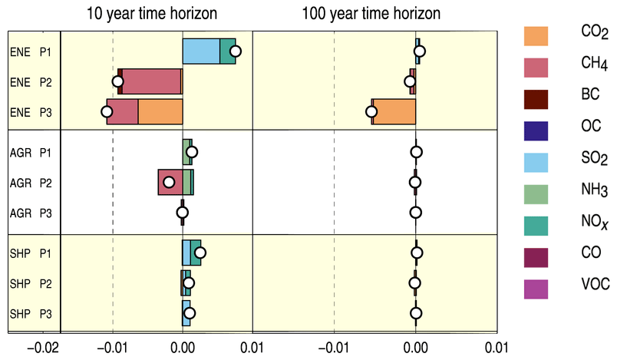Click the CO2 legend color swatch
coord(536,35)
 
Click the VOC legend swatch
coord(536,286)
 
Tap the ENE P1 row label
coord(31,51)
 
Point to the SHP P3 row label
coord(31,313)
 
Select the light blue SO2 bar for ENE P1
coord(200,51)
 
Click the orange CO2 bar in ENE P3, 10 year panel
coord(160,111)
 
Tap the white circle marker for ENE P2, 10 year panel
coord(117,81)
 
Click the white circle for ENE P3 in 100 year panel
coord(371,112)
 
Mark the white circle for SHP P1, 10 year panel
coord(200,253)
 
